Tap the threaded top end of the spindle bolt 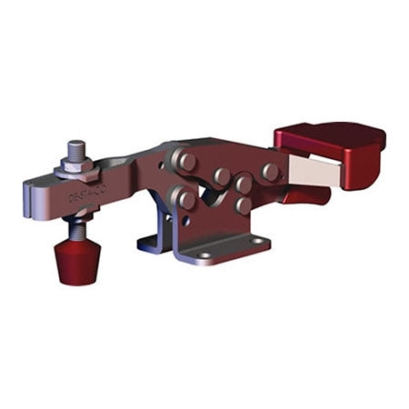pos(75,147)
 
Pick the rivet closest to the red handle pos(270,171)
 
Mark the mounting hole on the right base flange pos(255,239)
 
